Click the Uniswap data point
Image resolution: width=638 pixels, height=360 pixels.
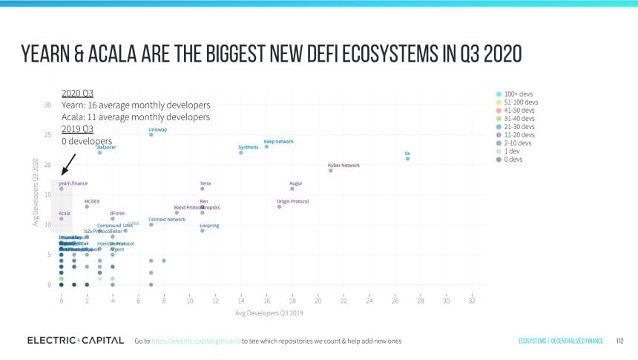pyautogui.click(x=151, y=134)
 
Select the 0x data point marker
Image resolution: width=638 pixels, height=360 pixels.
pyautogui.click(x=407, y=158)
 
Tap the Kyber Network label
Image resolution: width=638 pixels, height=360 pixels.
pyautogui.click(x=343, y=165)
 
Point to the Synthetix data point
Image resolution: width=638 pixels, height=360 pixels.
pyautogui.click(x=240, y=152)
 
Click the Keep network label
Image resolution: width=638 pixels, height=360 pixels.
pyautogui.click(x=279, y=141)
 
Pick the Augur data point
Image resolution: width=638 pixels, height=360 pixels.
pyautogui.click(x=292, y=189)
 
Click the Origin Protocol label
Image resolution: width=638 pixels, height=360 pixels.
pyautogui.click(x=292, y=201)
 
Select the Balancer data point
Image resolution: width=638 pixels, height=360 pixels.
pyautogui.click(x=99, y=152)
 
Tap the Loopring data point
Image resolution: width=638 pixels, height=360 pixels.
pyautogui.click(x=202, y=230)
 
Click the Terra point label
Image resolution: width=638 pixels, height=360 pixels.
pyautogui.click(x=205, y=183)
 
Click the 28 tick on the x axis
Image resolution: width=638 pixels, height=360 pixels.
pyautogui.click(x=421, y=301)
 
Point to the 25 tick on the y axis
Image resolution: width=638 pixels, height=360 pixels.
pyautogui.click(x=47, y=135)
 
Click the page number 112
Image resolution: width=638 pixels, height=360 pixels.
pyautogui.click(x=619, y=341)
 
